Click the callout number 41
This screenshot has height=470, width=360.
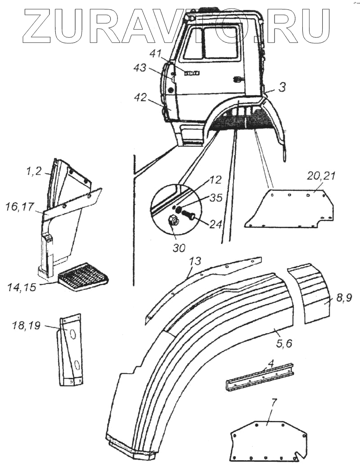(x=155, y=54)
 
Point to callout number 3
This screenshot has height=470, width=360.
(x=281, y=88)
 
